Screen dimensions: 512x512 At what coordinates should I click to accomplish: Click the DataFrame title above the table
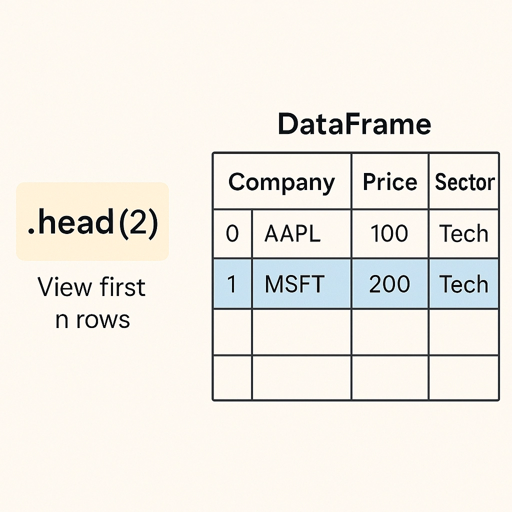click(354, 124)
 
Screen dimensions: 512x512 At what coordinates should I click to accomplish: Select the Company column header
click(281, 182)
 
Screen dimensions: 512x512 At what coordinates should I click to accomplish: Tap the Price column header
click(390, 181)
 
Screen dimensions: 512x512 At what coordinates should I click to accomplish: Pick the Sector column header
click(464, 182)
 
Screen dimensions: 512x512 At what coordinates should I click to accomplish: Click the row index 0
click(232, 233)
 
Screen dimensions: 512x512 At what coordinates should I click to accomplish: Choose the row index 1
click(231, 284)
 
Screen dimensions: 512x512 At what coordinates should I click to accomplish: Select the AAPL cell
click(292, 233)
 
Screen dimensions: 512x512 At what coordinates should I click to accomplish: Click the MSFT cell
click(294, 284)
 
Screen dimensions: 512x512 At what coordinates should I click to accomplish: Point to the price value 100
click(389, 233)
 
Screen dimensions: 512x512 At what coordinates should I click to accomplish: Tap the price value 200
click(389, 284)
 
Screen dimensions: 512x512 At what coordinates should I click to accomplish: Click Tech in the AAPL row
click(463, 233)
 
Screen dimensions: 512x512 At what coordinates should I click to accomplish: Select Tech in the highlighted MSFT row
click(463, 284)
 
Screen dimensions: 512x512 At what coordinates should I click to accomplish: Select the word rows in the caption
click(103, 319)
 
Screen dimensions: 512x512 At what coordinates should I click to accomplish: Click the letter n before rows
click(62, 319)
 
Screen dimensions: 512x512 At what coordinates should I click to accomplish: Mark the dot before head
click(31, 231)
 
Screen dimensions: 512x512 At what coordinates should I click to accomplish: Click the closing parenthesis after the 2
click(153, 223)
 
